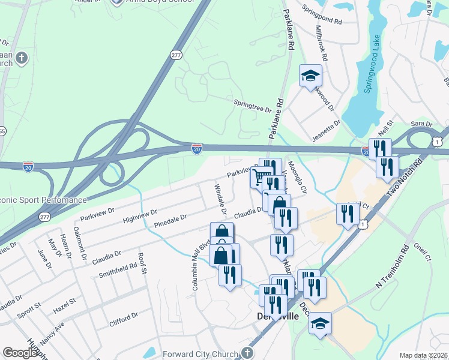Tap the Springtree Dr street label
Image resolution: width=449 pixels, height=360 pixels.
(253, 107)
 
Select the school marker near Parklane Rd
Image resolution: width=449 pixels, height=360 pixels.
(310, 76)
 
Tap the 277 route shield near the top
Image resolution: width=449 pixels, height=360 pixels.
(175, 55)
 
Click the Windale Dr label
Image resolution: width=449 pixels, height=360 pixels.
(220, 200)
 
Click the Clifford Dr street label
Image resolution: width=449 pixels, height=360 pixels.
(124, 320)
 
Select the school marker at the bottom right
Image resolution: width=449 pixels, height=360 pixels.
(321, 324)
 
